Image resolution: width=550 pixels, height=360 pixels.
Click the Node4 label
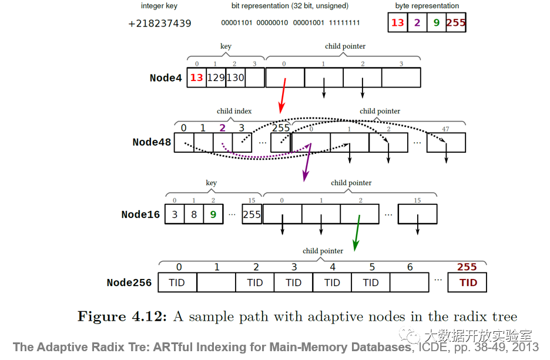[x=166, y=78]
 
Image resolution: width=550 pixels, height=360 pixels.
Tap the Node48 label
[x=152, y=142]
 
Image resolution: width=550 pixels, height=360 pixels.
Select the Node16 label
[x=140, y=214]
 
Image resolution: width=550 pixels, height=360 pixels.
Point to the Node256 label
[x=129, y=282]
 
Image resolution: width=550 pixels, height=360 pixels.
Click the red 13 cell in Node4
[x=196, y=78]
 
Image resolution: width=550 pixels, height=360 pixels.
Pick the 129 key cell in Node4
[x=216, y=78]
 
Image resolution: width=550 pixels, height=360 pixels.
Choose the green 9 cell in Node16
[x=213, y=214]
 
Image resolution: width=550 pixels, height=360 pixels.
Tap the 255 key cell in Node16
[x=251, y=214]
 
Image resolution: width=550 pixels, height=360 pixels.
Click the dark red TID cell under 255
[x=468, y=282]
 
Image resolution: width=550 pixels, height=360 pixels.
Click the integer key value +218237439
[x=159, y=23]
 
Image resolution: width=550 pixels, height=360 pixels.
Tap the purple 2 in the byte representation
[x=417, y=23]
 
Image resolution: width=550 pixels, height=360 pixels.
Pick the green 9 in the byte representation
[x=436, y=23]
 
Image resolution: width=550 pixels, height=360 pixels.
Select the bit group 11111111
[x=345, y=23]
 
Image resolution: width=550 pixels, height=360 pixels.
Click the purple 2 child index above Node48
[x=222, y=128]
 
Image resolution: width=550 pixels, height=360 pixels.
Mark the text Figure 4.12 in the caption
[x=122, y=317]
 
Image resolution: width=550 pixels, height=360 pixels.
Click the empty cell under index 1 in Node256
[x=216, y=282]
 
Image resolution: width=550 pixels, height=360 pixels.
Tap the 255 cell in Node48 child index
[x=281, y=142]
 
